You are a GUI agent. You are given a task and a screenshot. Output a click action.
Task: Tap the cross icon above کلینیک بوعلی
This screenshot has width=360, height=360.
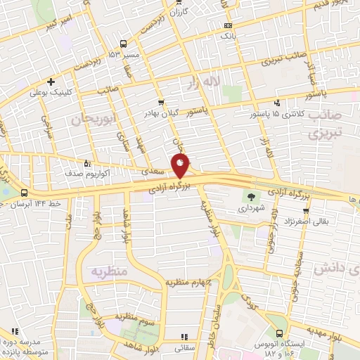click(51, 82)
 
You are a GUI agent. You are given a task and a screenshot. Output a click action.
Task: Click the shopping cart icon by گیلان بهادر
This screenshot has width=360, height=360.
click(161, 102)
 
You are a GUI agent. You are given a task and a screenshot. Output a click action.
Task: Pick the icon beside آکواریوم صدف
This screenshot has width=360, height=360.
click(86, 161)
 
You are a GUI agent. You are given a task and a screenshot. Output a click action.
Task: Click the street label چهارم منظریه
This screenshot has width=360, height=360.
click(190, 283)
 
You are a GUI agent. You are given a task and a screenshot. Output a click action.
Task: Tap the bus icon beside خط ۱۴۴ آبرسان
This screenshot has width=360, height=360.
click(25, 193)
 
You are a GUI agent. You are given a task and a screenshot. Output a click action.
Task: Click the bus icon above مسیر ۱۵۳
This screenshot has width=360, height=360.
click(124, 43)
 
